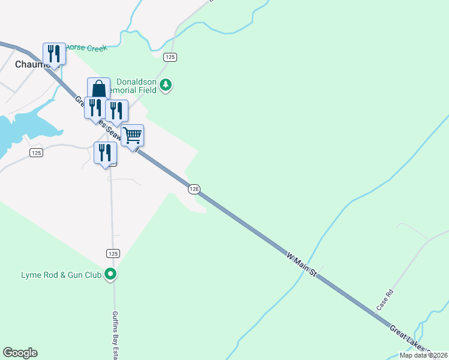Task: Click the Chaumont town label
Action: click(x=30, y=64)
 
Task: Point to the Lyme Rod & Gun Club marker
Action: click(x=110, y=275)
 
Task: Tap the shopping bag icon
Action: click(x=99, y=89)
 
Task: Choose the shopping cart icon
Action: click(x=133, y=136)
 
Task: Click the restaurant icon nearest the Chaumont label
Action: click(x=54, y=54)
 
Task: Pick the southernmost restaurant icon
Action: click(x=105, y=152)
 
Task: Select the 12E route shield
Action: click(x=193, y=189)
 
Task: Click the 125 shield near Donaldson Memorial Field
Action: click(x=170, y=56)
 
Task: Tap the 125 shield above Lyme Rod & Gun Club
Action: click(x=112, y=254)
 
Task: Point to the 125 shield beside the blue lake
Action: click(x=36, y=153)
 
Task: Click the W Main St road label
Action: click(x=301, y=262)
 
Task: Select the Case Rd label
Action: click(x=384, y=300)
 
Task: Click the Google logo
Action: click(x=20, y=353)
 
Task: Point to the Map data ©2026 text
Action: click(x=423, y=355)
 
